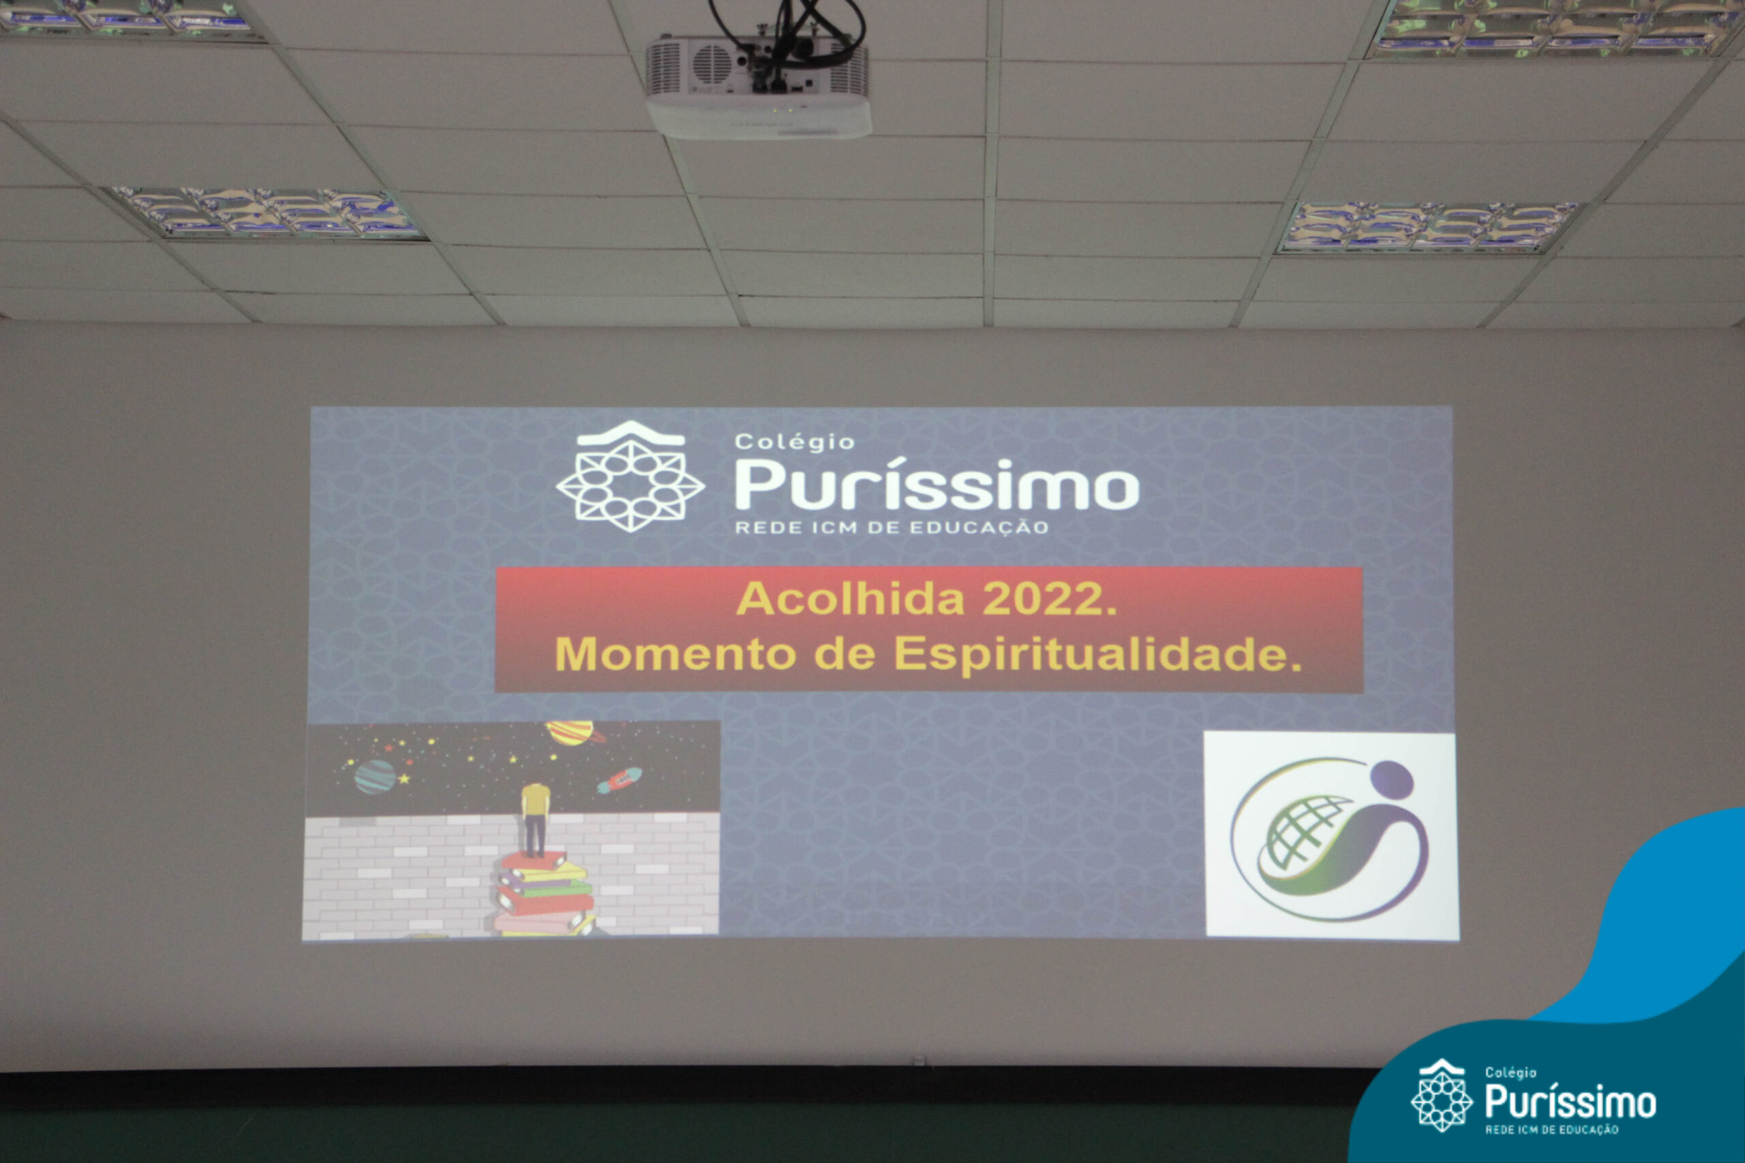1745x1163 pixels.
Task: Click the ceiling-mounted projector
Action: [x=757, y=85]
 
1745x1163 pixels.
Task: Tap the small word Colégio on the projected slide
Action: [x=794, y=442]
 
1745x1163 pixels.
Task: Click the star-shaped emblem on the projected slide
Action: [x=630, y=477]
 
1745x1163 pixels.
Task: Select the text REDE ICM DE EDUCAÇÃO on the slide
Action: [x=891, y=527]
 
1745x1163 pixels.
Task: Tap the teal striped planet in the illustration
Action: [x=375, y=777]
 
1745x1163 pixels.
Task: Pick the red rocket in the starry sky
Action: [x=619, y=779]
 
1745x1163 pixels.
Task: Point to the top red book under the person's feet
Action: [x=532, y=861]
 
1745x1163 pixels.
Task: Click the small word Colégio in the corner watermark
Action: [x=1511, y=1072]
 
